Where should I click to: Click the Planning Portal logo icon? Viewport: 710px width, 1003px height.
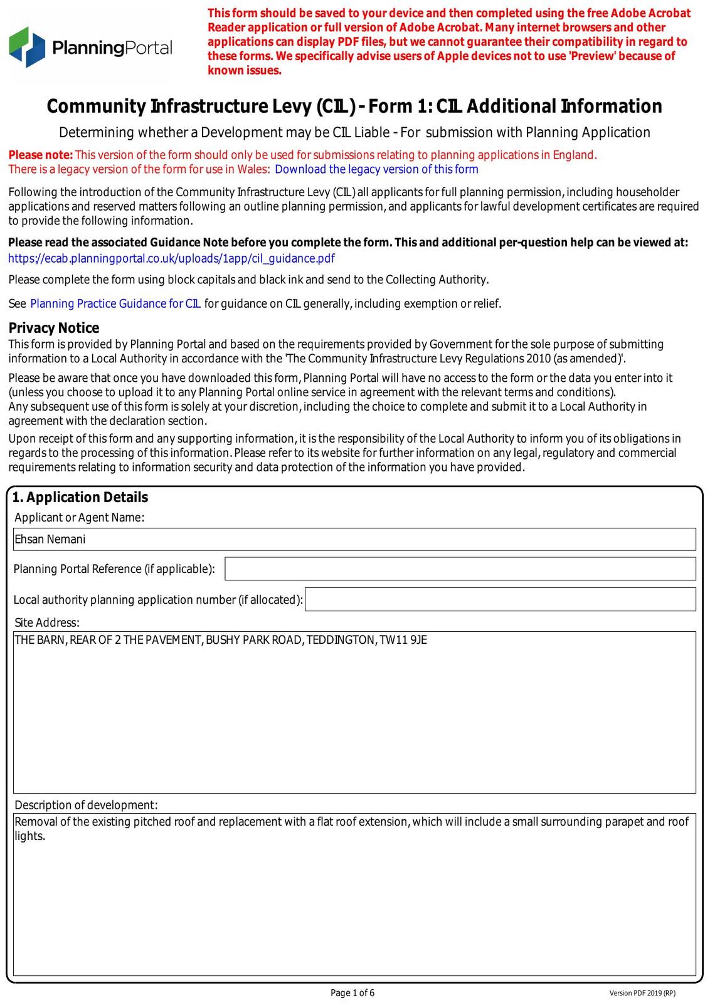click(28, 47)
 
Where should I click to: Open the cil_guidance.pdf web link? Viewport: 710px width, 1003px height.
click(171, 259)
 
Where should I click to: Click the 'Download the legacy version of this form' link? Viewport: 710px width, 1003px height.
click(376, 169)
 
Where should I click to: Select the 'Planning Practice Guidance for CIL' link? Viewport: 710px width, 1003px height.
click(115, 304)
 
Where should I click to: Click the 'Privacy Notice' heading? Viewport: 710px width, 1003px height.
click(54, 328)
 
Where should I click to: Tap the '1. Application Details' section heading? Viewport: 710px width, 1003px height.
click(80, 498)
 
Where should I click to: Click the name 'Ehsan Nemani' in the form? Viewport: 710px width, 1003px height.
click(50, 540)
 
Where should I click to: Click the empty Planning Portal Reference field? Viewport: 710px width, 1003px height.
click(460, 569)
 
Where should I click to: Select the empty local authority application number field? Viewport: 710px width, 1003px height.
click(500, 599)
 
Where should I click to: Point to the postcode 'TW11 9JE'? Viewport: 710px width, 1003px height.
click(403, 641)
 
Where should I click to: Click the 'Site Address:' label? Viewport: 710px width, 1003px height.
click(47, 622)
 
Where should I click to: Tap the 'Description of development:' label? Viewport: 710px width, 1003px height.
click(86, 805)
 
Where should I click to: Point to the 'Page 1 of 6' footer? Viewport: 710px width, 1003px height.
click(352, 993)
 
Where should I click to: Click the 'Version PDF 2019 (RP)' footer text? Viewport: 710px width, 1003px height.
click(642, 994)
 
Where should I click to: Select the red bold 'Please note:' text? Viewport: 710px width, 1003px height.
click(41, 155)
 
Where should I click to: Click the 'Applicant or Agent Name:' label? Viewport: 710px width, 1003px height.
click(79, 518)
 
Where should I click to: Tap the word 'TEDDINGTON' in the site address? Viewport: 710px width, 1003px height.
click(341, 641)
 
